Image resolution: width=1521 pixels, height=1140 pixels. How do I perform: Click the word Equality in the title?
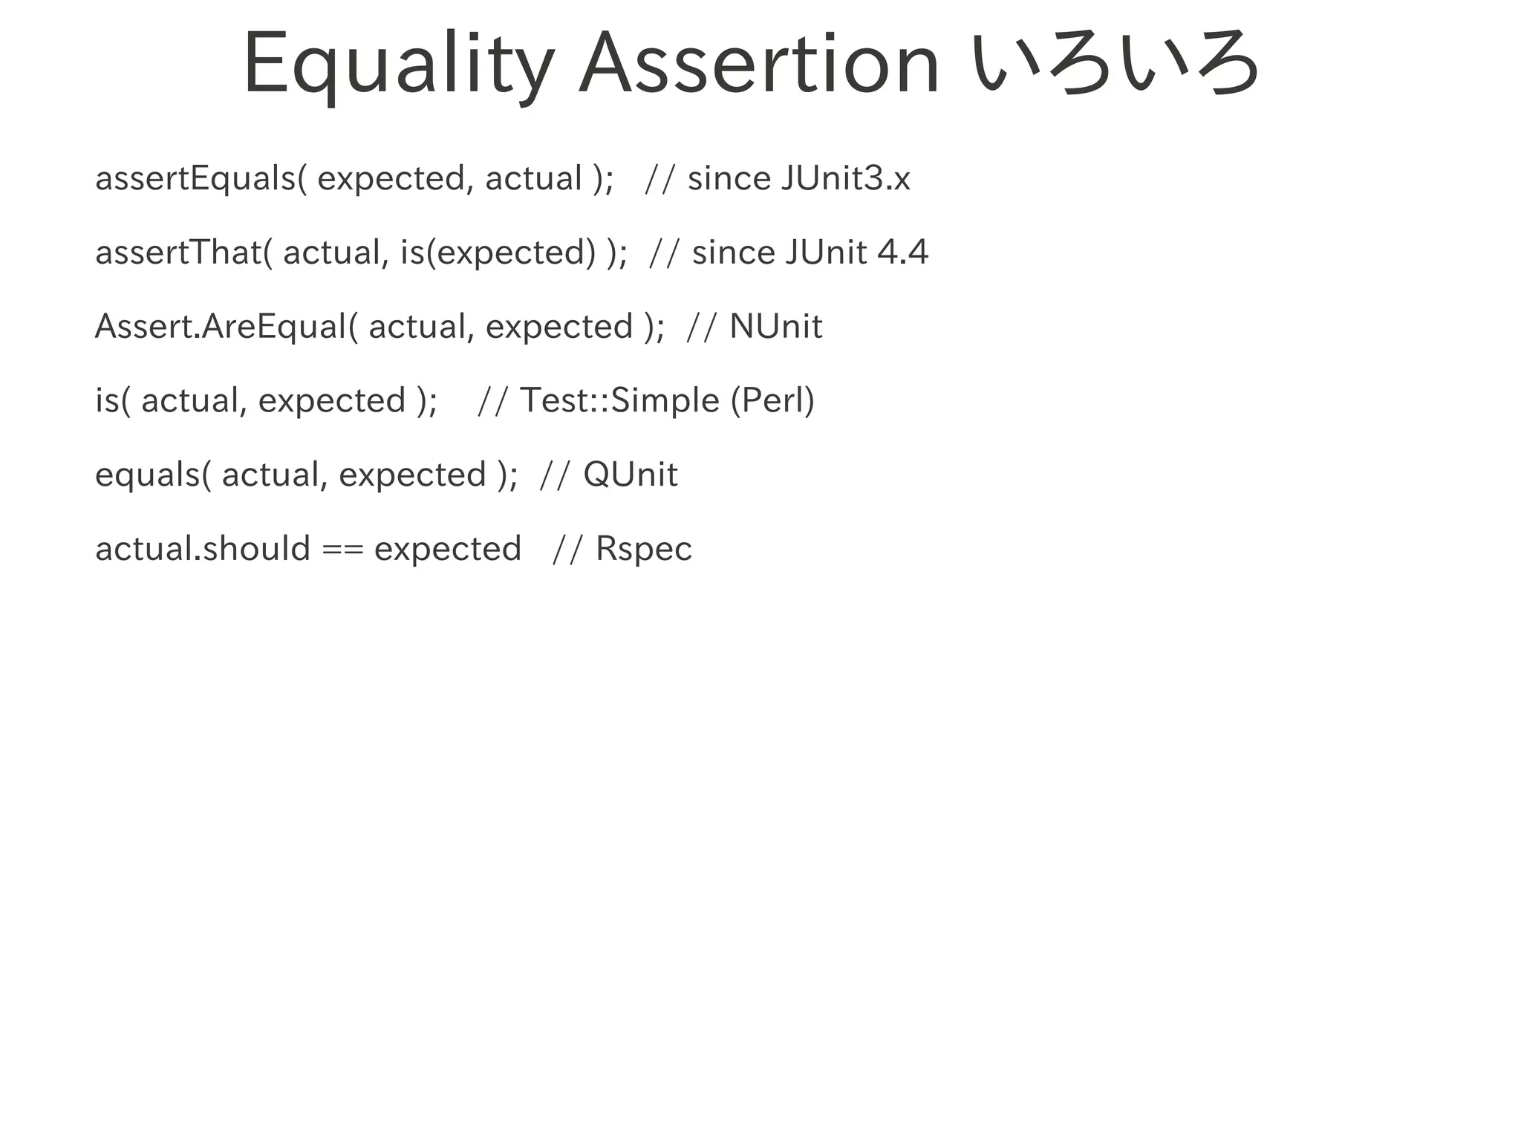(x=398, y=65)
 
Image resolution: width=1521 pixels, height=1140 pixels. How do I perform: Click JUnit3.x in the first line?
(x=845, y=179)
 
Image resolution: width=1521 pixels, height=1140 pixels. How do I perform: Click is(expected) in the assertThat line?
(x=498, y=253)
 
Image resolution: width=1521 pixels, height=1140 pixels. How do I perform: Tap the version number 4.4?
(x=902, y=253)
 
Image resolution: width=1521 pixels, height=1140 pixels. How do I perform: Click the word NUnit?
(x=776, y=327)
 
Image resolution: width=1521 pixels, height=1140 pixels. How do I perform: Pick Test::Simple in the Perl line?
(x=619, y=401)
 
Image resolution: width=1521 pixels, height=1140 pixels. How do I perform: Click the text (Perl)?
(x=772, y=401)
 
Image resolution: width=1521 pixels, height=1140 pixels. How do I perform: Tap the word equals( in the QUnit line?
(x=153, y=475)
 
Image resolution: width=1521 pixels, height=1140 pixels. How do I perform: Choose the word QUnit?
(x=631, y=475)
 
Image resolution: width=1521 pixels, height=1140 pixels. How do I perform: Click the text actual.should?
(x=203, y=549)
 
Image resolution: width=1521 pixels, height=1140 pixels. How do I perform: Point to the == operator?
(x=342, y=550)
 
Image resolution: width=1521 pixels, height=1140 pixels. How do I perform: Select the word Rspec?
(x=644, y=550)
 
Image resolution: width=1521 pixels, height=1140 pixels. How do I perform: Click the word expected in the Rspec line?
(x=448, y=550)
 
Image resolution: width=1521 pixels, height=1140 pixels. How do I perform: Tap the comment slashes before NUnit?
(x=702, y=328)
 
